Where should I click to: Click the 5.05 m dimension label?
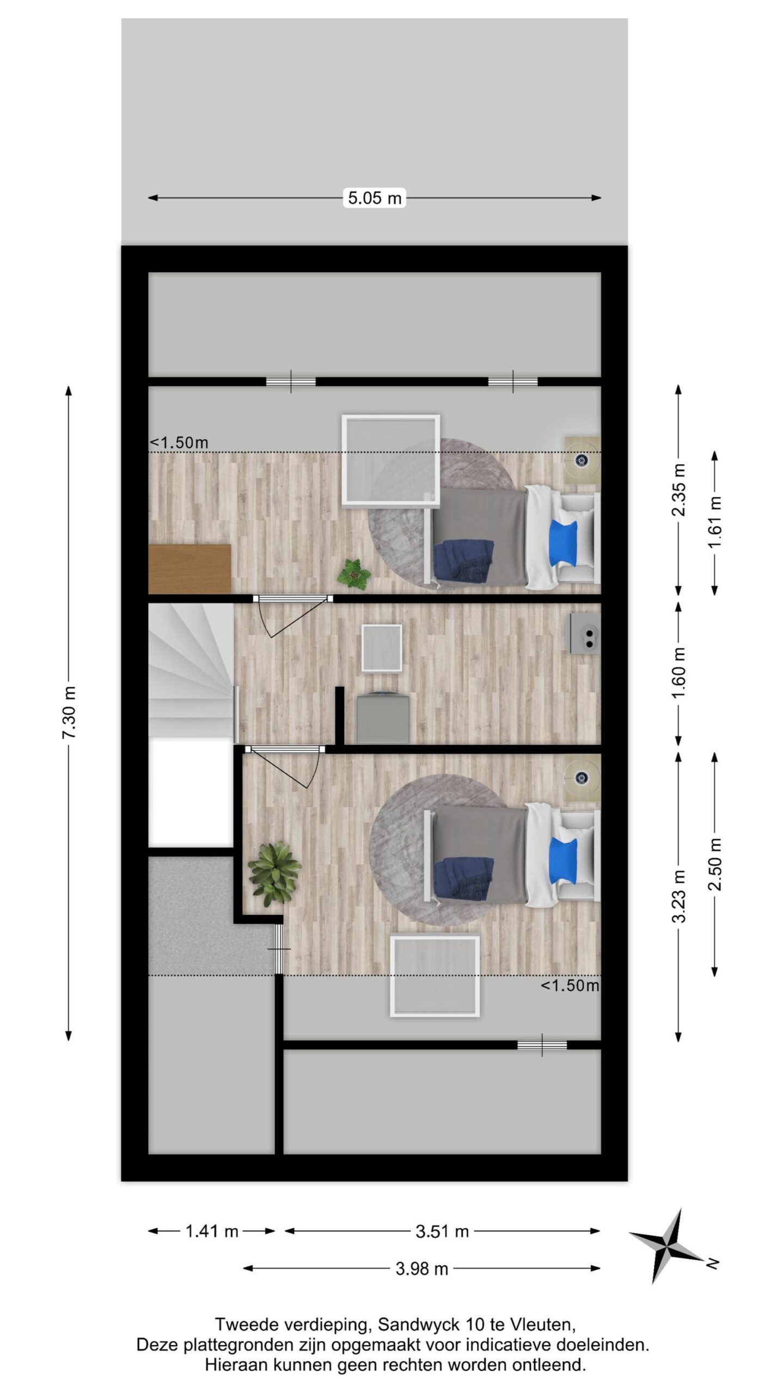[375, 198]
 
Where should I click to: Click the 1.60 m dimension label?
[679, 673]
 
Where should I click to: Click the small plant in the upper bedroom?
[353, 573]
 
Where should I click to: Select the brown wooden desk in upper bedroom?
[189, 568]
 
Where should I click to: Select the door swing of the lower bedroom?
[284, 768]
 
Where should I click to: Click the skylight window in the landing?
[382, 648]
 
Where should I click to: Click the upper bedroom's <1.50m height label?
[179, 442]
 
